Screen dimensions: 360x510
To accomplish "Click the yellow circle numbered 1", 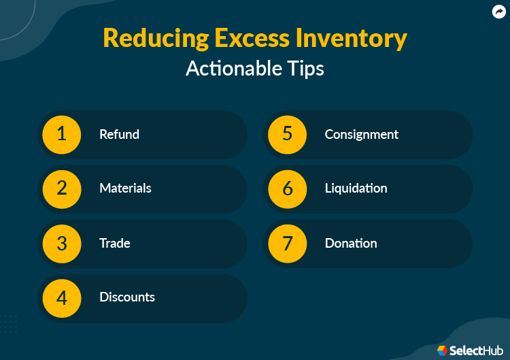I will click(62, 134).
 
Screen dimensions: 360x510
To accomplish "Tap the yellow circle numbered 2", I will click(62, 189).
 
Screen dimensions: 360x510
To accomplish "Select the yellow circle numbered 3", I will click(62, 243).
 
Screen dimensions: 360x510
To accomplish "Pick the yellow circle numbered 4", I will click(62, 297).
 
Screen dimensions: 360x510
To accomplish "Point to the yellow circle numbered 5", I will click(288, 134).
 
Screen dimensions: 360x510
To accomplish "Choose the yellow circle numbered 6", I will click(288, 189).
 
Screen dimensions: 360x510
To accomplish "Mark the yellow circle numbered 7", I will click(288, 243).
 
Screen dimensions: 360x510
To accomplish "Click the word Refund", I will click(119, 134).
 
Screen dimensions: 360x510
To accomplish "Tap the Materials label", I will click(125, 189).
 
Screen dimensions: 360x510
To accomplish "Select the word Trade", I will click(114, 243).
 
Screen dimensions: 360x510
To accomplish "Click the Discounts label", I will click(127, 297).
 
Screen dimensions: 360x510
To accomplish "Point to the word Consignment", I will click(361, 134).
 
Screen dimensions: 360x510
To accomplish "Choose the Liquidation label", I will click(356, 189).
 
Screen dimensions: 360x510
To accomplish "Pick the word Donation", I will click(350, 243).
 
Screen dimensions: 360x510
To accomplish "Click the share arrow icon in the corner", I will click(498, 12).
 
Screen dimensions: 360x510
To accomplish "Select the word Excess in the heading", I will click(243, 39).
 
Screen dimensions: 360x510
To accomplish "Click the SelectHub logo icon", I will click(442, 350).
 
